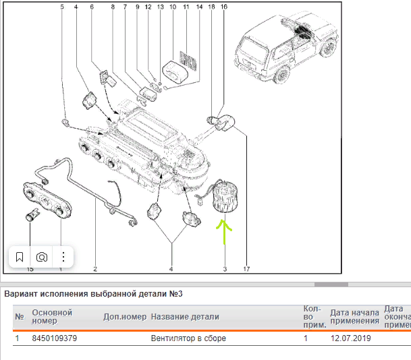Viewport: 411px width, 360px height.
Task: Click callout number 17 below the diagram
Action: [247, 270]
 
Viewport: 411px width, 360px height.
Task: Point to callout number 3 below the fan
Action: [224, 270]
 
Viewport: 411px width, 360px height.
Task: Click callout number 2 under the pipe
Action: [95, 270]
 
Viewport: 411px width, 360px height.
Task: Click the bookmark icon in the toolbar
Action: [20, 257]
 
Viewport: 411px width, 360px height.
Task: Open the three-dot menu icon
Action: [63, 257]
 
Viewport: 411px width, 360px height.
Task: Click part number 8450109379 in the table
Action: [55, 338]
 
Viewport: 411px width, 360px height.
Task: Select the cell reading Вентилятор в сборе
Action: [188, 338]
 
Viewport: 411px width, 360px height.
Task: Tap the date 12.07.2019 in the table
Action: [350, 338]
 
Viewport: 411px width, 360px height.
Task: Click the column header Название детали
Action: [184, 317]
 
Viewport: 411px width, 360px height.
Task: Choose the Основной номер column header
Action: [52, 317]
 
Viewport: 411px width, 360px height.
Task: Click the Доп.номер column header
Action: [124, 317]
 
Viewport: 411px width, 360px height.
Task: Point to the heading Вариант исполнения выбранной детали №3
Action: [94, 293]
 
